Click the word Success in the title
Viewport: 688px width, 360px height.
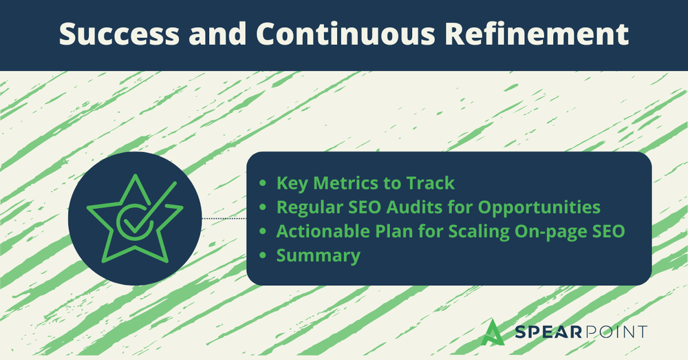coord(119,34)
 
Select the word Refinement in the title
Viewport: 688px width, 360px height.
coord(537,34)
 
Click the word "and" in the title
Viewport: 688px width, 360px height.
coord(217,34)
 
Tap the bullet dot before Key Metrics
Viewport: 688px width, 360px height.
coord(263,183)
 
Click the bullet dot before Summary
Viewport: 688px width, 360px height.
coord(263,255)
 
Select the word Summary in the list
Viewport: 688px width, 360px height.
coord(318,256)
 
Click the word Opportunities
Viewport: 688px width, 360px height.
coord(539,208)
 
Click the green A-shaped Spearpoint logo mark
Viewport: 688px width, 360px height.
coord(493,332)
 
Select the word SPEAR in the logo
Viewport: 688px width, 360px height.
coord(548,332)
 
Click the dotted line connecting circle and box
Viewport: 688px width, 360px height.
coord(224,218)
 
